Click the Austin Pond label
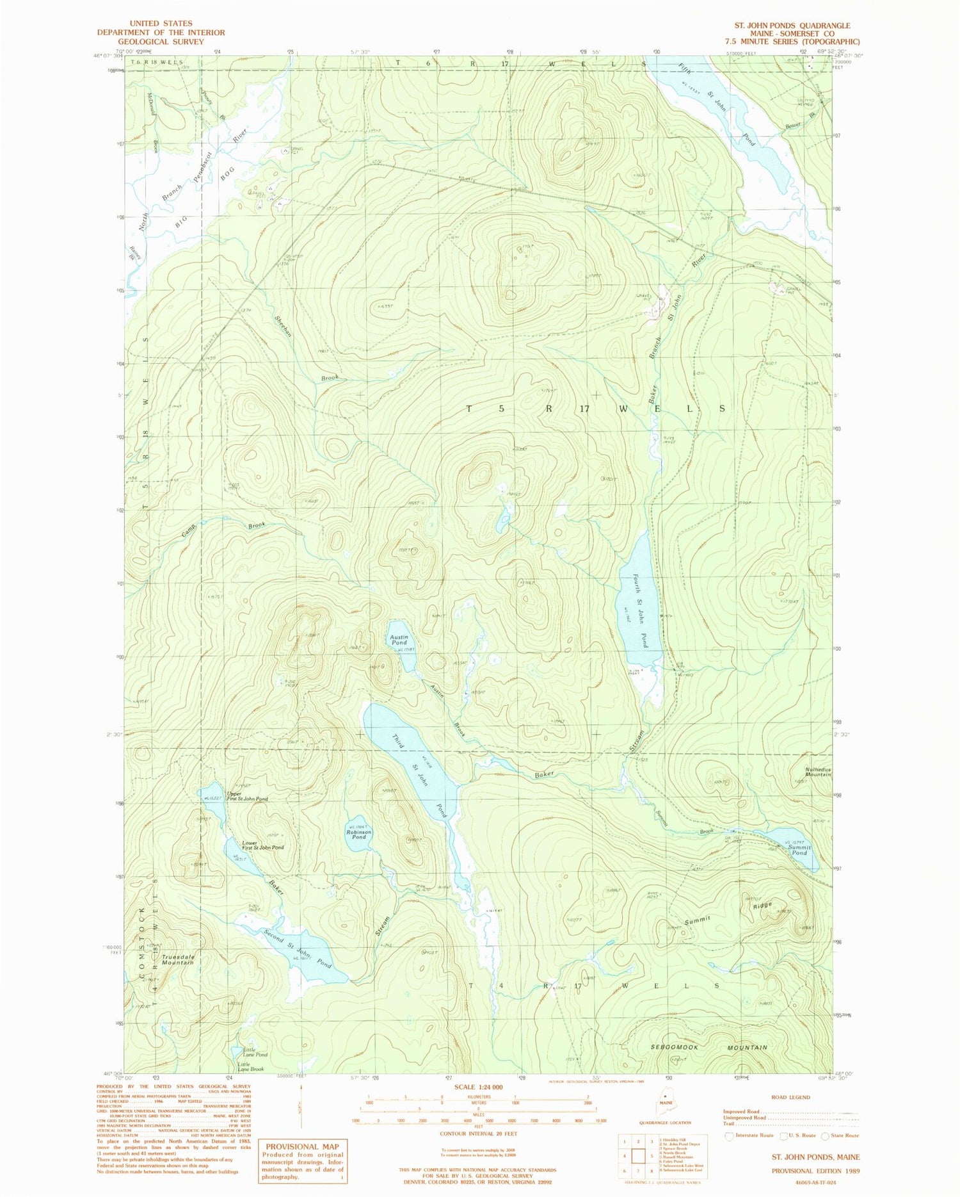[399, 640]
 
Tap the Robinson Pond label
[358, 834]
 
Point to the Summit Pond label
[799, 850]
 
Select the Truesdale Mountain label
[177, 959]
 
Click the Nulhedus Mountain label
[818, 772]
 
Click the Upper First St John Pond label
[246, 796]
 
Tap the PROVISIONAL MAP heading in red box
[302, 1146]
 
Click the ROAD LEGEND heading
[790, 1097]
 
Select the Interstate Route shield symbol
[729, 1136]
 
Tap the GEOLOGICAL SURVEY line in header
[161, 42]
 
